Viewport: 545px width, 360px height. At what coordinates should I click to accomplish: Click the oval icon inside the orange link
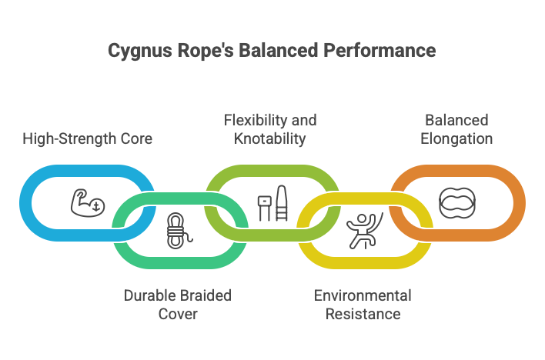[458, 202]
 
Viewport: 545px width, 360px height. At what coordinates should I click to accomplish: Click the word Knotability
[270, 139]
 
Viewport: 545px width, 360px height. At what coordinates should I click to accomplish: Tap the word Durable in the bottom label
[149, 296]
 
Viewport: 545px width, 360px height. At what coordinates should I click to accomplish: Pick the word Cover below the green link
[177, 314]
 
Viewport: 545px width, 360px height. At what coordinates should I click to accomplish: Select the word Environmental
[363, 296]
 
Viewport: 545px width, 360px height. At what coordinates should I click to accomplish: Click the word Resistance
[363, 314]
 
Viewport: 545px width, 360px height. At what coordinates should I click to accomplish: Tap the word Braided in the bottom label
[204, 296]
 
